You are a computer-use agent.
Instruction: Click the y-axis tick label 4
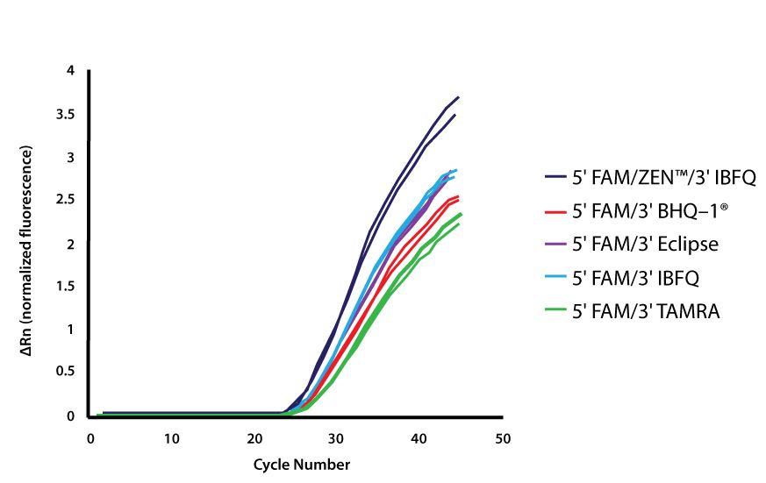[71, 71]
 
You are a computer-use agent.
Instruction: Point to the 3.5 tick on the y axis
[66, 115]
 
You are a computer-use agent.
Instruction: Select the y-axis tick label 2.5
[66, 201]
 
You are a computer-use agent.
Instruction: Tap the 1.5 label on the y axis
[66, 287]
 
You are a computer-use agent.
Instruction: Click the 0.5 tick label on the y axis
[66, 373]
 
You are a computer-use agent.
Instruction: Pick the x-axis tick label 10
[172, 437]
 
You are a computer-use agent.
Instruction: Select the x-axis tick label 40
[419, 437]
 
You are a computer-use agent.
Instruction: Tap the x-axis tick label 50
[502, 437]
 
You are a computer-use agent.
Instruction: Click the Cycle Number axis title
[296, 464]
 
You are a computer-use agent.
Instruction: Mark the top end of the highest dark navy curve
[458, 97]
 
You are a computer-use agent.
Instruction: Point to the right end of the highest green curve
[461, 214]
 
